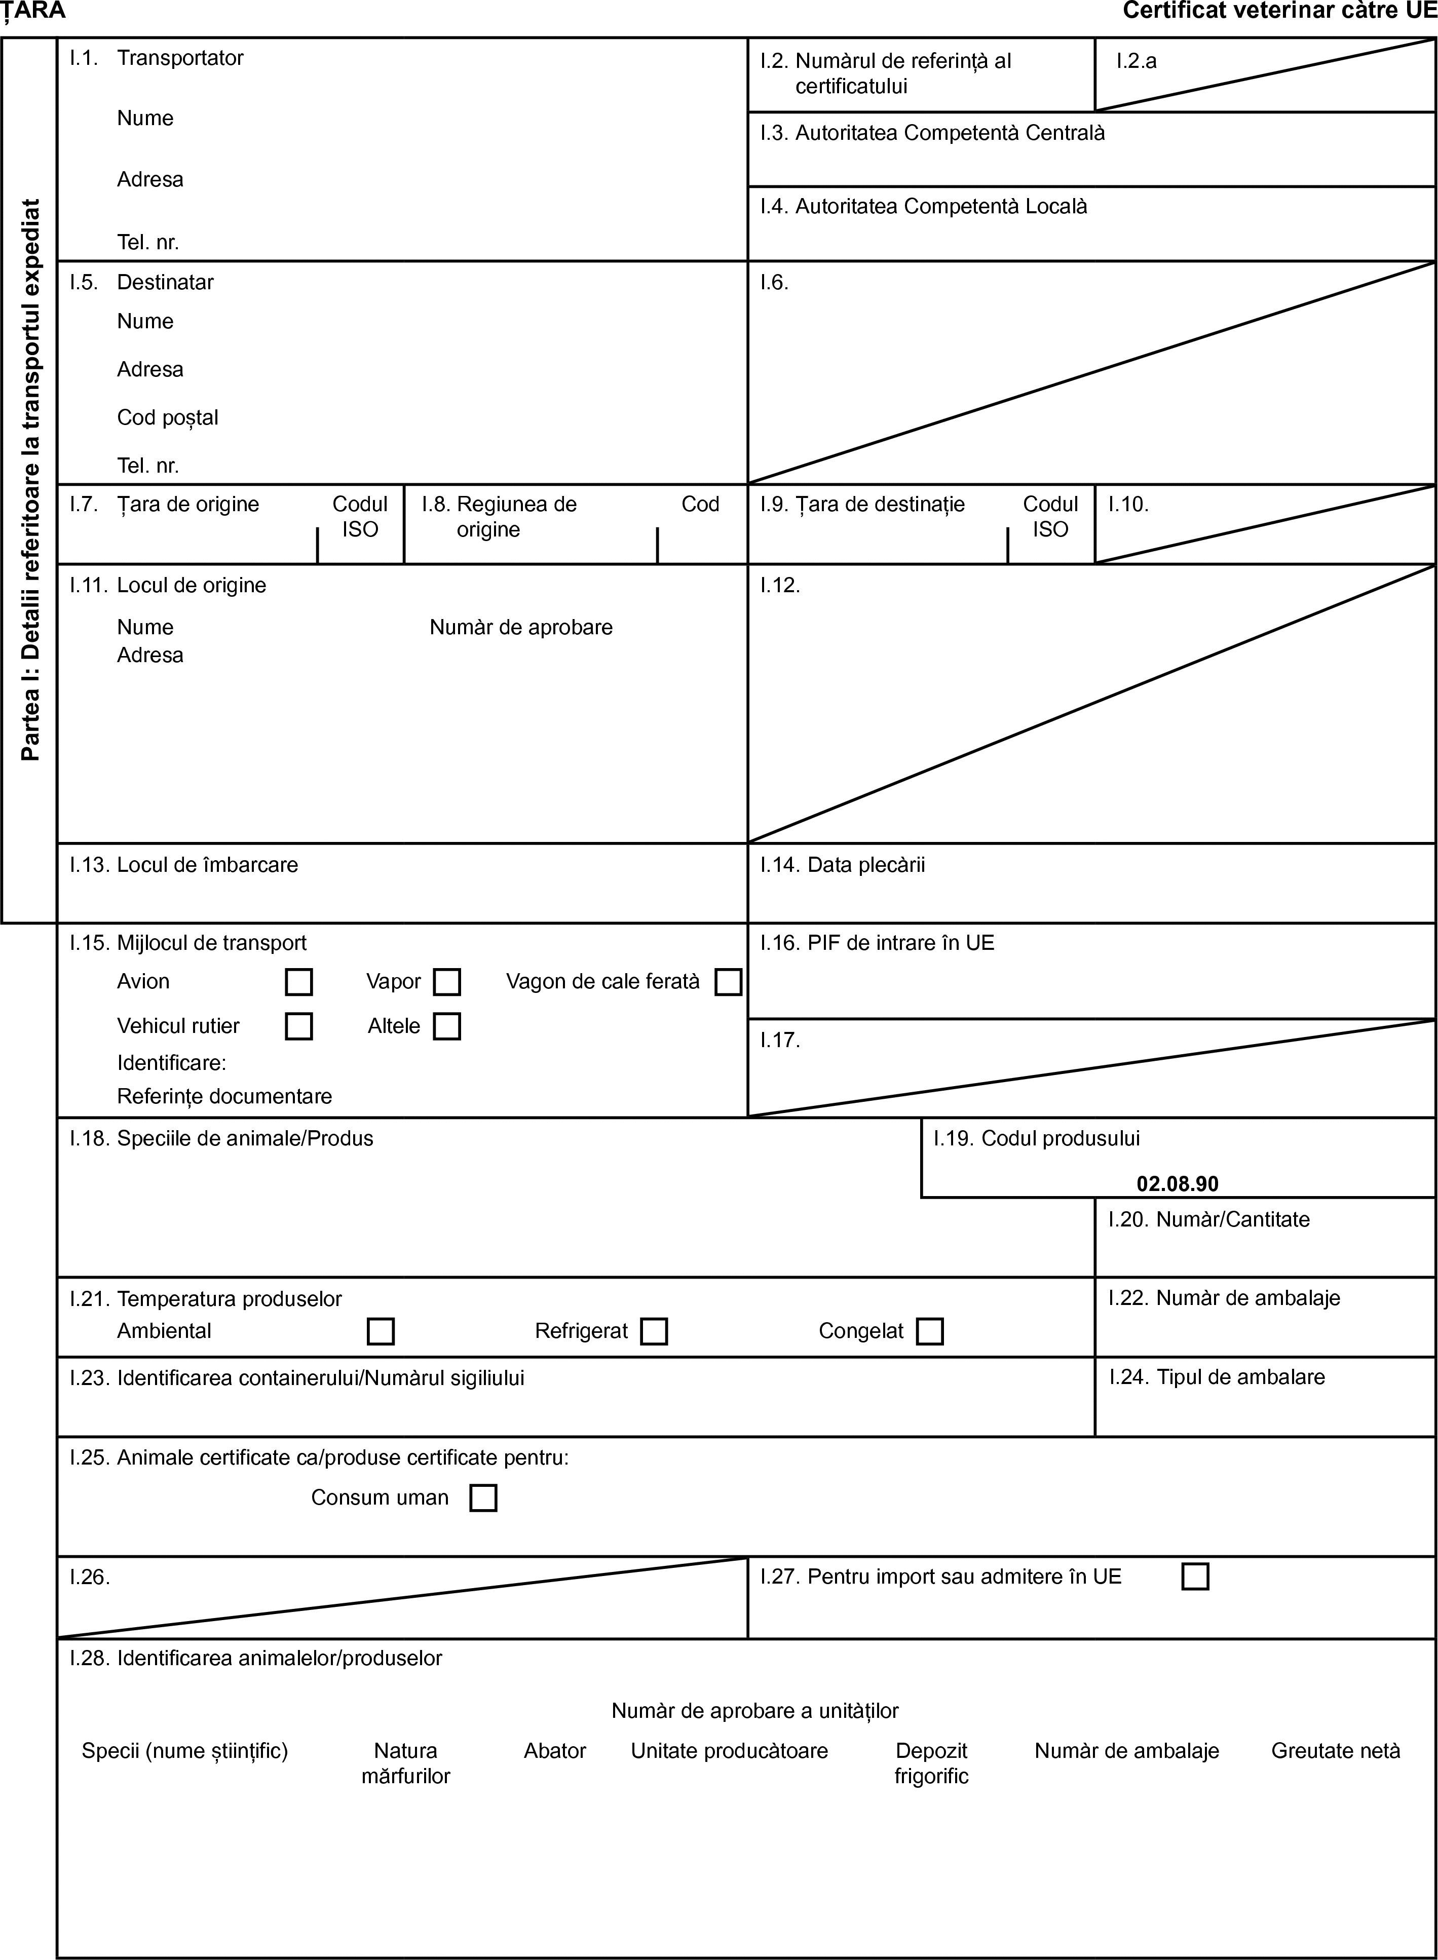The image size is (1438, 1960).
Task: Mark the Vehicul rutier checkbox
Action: tap(298, 1026)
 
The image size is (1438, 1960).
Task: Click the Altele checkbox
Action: tap(447, 1026)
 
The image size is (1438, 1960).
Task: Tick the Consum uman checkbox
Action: tap(483, 1498)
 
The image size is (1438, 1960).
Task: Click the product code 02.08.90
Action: tap(1177, 1184)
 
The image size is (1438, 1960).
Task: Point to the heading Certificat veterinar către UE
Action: tap(1279, 11)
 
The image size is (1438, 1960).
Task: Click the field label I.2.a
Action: tap(1137, 61)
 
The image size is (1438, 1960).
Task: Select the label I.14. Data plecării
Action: tap(842, 865)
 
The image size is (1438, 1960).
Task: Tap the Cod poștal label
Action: tap(168, 418)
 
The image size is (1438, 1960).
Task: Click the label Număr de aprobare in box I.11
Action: tap(520, 628)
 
